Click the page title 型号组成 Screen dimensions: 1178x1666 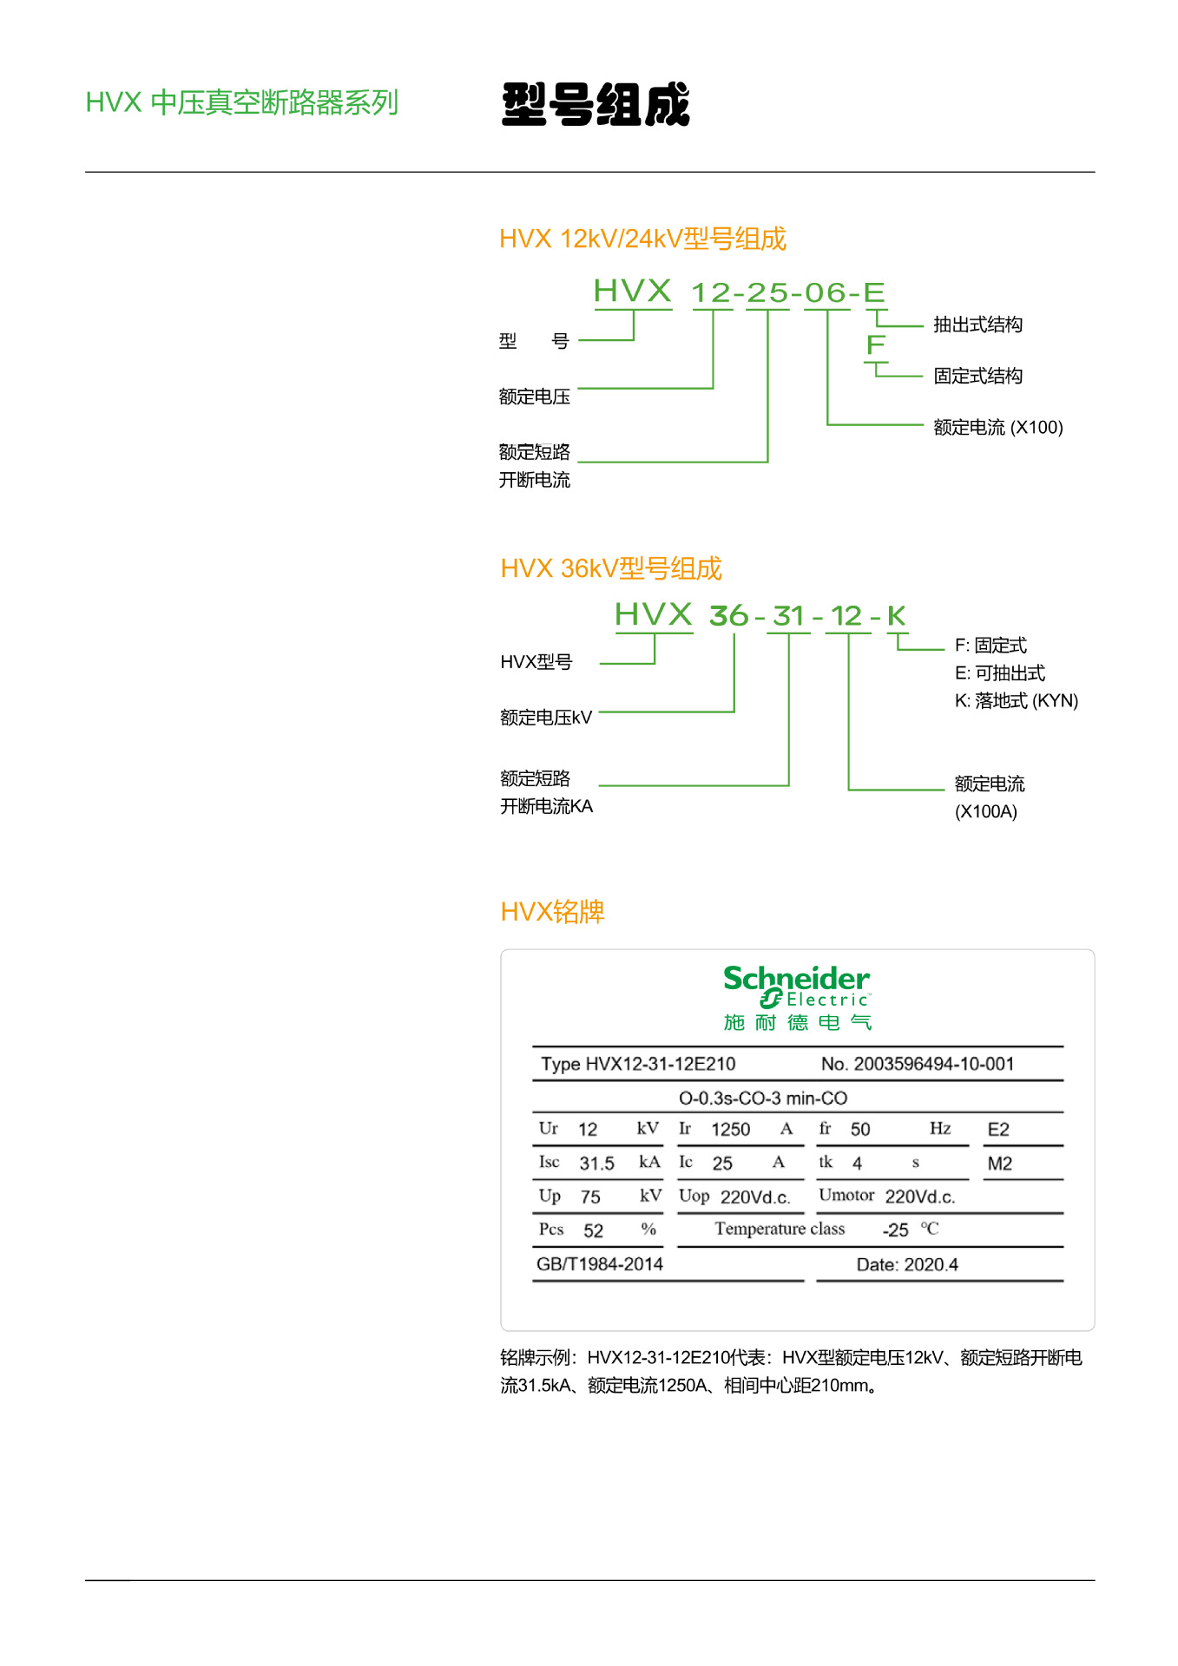(596, 105)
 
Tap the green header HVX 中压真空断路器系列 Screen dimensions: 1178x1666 (241, 102)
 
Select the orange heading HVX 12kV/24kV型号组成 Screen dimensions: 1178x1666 (642, 239)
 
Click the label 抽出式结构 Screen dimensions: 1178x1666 (977, 325)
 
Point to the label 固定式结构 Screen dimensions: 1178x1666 (977, 376)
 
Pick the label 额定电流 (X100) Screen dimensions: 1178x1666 (997, 427)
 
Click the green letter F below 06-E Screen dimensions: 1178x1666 (876, 345)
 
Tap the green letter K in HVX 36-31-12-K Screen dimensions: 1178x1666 (896, 616)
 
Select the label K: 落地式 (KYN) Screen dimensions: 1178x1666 (1016, 700)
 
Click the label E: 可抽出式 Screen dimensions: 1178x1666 (999, 672)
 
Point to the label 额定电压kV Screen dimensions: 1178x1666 (545, 718)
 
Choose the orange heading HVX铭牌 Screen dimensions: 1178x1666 (552, 912)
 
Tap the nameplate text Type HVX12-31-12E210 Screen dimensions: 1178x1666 (638, 1064)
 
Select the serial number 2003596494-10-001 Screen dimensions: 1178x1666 (933, 1064)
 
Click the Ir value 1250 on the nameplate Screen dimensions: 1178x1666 (730, 1129)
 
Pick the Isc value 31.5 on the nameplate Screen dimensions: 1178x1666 (596, 1164)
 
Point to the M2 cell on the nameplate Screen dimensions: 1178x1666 (999, 1164)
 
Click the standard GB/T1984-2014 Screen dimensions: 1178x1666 (599, 1264)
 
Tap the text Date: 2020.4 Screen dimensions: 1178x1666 (907, 1265)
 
